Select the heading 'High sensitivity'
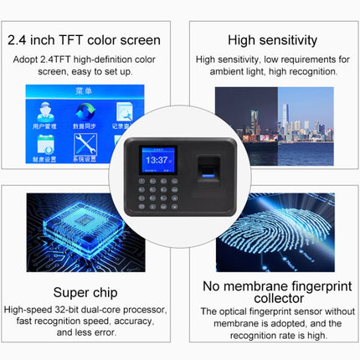pos(271,40)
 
